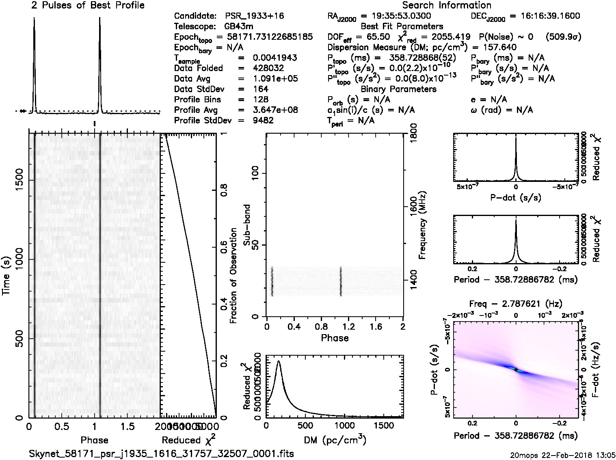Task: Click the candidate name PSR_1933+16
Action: [254, 16]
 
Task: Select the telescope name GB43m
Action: [239, 27]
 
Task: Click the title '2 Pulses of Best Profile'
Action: [88, 5]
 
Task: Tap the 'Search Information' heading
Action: [447, 5]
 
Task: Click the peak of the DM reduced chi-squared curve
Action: [278, 361]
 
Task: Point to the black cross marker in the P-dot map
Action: [516, 369]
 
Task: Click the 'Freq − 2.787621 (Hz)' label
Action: [516, 303]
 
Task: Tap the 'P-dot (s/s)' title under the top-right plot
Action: [516, 198]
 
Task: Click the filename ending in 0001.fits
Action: [161, 454]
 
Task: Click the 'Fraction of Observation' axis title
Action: [233, 276]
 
